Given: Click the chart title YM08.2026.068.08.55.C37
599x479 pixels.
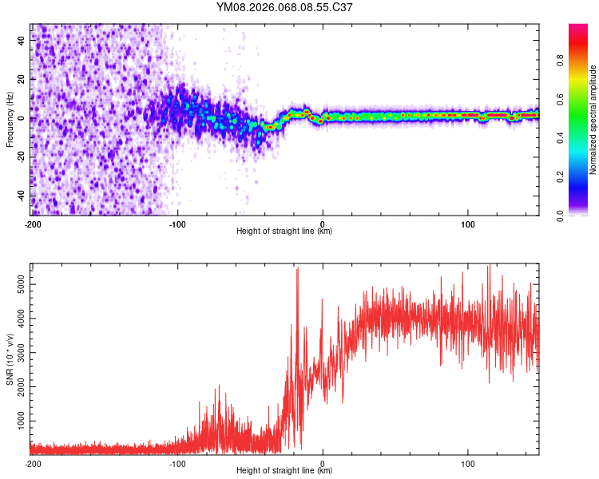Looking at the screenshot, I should [x=285, y=7].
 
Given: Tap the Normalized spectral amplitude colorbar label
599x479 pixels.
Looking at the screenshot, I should [x=593, y=120].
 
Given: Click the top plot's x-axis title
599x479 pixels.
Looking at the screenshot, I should [x=284, y=231].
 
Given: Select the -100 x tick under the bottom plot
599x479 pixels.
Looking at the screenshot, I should [x=177, y=463].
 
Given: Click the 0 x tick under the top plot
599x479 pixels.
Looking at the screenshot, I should [x=323, y=224].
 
